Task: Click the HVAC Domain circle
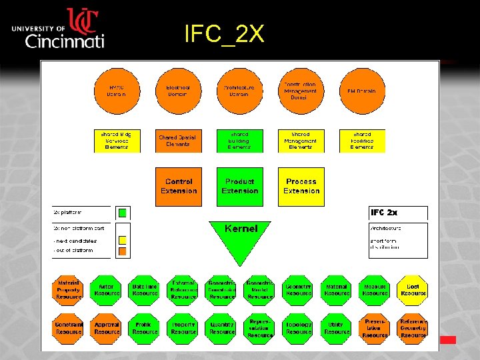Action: pos(117,91)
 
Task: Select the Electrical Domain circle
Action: pos(178,91)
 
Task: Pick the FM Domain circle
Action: pos(361,91)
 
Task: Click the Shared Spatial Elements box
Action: pos(178,141)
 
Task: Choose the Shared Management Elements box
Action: pos(301,141)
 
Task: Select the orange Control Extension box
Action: pos(178,187)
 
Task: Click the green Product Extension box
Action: pos(240,187)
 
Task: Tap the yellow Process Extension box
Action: pos(301,187)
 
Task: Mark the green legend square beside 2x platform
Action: pos(122,213)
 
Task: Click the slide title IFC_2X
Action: pos(225,34)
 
